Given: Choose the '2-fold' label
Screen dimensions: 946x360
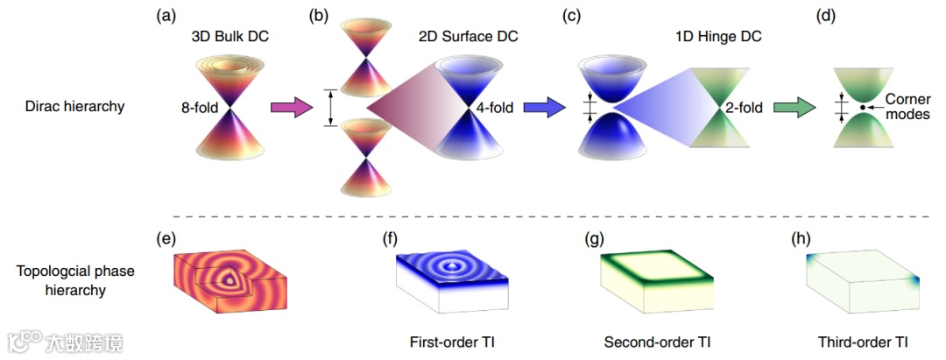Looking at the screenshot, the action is [745, 108].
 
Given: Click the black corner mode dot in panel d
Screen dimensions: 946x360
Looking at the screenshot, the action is [863, 107].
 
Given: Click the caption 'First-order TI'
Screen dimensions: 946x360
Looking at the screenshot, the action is [448, 341].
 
